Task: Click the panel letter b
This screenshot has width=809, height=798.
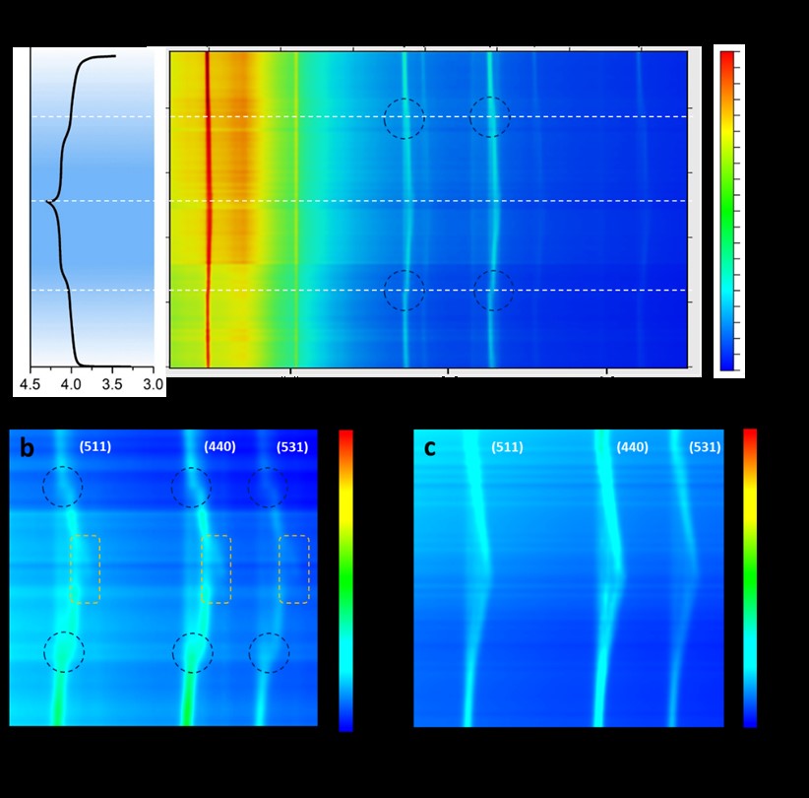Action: [x=28, y=449]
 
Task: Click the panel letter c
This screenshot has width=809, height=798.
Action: [x=430, y=448]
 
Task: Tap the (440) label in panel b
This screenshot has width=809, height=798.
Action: [x=220, y=448]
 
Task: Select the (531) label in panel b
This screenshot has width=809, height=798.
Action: [x=291, y=448]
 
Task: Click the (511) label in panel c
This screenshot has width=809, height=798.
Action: [x=507, y=448]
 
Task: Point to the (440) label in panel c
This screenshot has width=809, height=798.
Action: [x=632, y=448]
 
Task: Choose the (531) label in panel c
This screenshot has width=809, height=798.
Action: [x=704, y=448]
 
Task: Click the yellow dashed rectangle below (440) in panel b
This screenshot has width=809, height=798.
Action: [x=216, y=568]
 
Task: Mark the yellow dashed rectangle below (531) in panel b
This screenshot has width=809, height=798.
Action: [x=293, y=568]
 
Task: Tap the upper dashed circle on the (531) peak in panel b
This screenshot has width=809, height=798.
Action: [x=267, y=487]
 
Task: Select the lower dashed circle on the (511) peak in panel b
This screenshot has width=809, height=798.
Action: [x=64, y=651]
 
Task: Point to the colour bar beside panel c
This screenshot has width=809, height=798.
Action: [x=750, y=577]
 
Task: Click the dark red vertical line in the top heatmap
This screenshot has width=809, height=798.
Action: [x=208, y=207]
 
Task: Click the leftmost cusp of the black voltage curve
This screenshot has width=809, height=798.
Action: [x=48, y=202]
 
